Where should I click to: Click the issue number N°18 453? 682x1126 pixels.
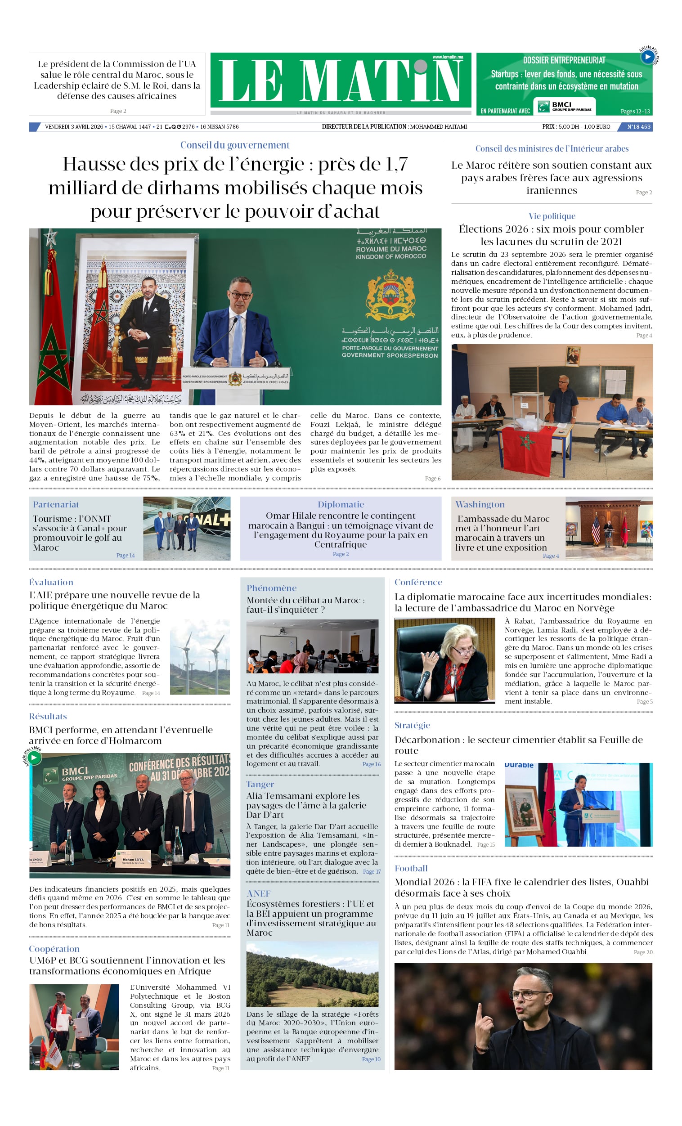(x=638, y=126)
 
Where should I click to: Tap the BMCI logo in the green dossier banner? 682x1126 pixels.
(x=566, y=107)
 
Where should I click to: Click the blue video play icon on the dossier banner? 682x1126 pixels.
(x=647, y=57)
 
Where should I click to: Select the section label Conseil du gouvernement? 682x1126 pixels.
(x=234, y=145)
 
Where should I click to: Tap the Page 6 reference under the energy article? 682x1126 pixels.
(x=432, y=479)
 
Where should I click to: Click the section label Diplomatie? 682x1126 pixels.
(x=341, y=504)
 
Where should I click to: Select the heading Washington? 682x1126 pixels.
(x=480, y=504)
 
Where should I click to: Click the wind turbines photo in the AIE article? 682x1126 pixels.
(x=199, y=657)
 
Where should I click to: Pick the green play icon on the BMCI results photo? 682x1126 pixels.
(x=34, y=757)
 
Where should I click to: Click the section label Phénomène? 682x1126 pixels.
(x=272, y=588)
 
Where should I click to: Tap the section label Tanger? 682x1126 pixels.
(x=260, y=784)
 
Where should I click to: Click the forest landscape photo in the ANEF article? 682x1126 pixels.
(x=312, y=973)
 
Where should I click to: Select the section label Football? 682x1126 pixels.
(x=411, y=868)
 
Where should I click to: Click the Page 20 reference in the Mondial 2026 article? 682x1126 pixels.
(x=643, y=952)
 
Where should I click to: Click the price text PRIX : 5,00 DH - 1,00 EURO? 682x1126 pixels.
(x=576, y=126)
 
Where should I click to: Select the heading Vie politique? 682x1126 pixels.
(x=552, y=216)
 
